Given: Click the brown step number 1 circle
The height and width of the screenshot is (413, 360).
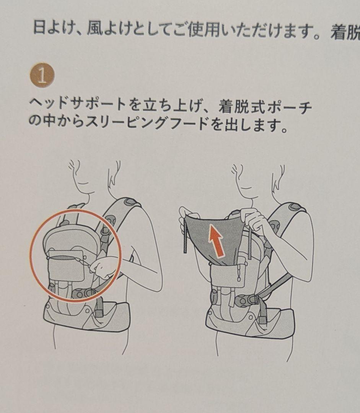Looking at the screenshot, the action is click(42, 76).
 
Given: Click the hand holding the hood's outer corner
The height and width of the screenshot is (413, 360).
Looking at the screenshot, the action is click(185, 216).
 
